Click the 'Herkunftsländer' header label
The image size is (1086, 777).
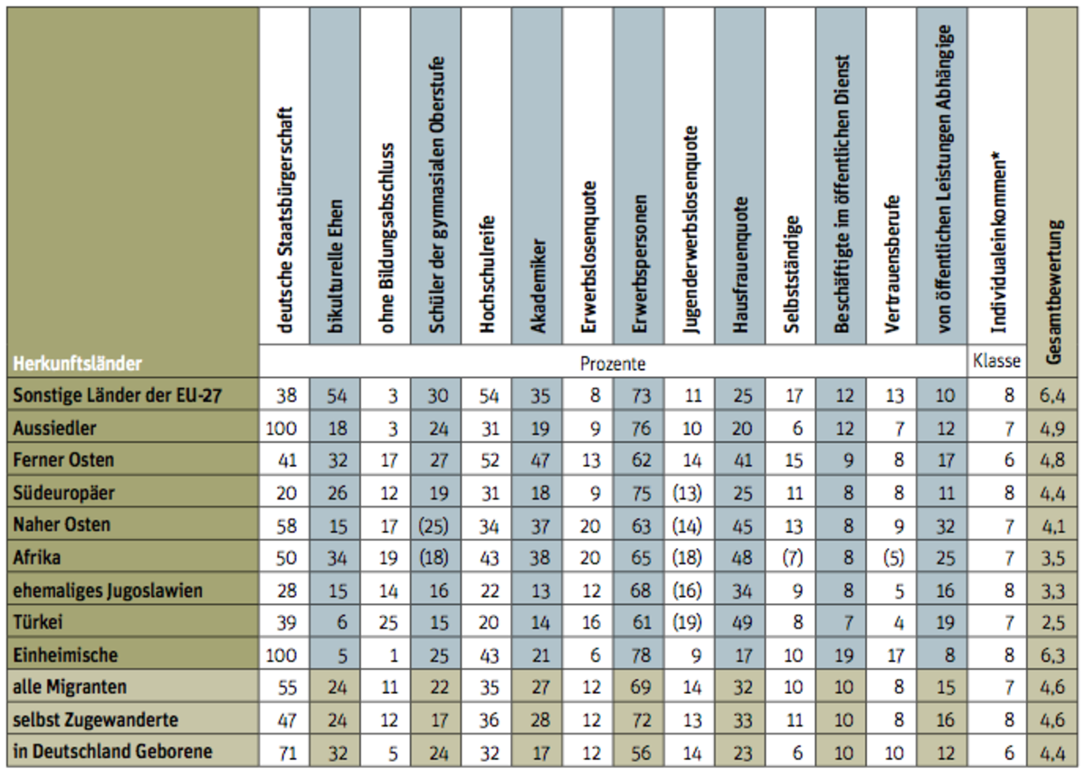[x=78, y=364]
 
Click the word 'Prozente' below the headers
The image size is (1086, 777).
[x=613, y=364]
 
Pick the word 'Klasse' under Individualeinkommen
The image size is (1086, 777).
[x=996, y=361]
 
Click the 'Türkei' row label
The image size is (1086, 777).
[x=41, y=622]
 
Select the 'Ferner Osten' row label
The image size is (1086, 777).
[x=64, y=460]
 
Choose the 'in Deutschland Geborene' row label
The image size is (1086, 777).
[x=112, y=752]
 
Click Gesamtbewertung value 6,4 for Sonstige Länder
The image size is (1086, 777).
[x=1053, y=395]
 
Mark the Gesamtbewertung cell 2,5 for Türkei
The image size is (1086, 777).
[x=1053, y=622]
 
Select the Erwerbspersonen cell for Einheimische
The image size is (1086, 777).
[x=639, y=655]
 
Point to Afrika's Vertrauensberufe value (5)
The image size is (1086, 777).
[x=891, y=557]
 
